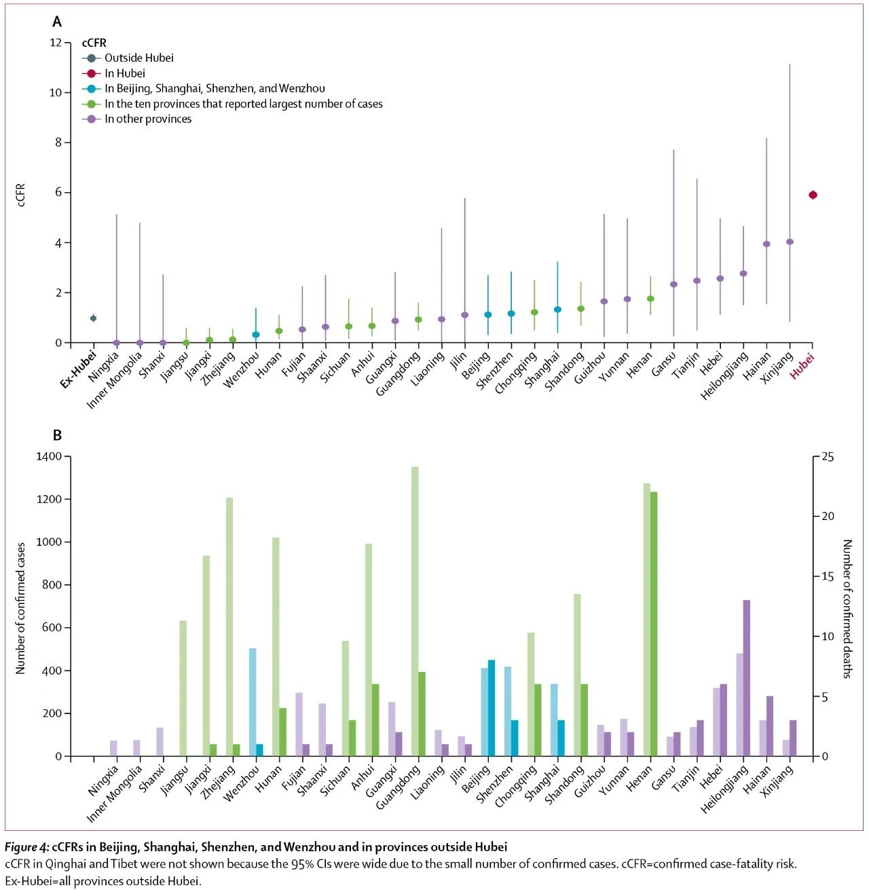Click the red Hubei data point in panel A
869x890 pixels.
tap(813, 195)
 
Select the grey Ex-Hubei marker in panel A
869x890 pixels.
tap(93, 318)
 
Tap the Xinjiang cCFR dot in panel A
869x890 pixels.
tap(790, 242)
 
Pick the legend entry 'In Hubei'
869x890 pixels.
tap(124, 73)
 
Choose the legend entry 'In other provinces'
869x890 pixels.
tap(147, 119)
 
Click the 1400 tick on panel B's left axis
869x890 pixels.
tap(48, 456)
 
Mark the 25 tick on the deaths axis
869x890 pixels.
tap(828, 457)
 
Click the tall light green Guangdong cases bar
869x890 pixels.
tap(415, 611)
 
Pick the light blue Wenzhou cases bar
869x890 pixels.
tap(253, 702)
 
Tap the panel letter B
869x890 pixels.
tap(58, 435)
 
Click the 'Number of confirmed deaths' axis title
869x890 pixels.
tap(847, 608)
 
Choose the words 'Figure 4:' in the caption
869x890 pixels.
tap(26, 847)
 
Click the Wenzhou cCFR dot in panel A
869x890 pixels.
tap(256, 335)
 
